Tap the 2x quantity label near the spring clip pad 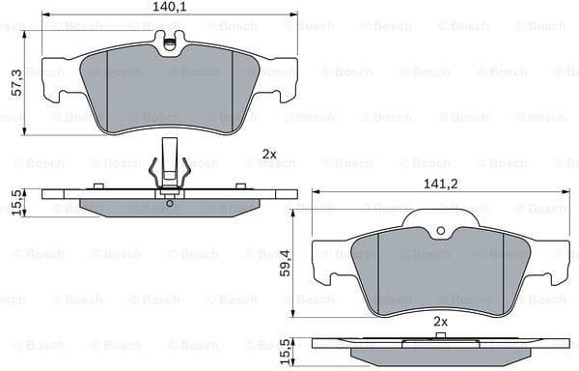pyautogui.click(x=268, y=154)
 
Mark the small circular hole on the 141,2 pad pyautogui.click(x=439, y=231)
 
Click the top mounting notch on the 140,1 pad pyautogui.click(x=170, y=43)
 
